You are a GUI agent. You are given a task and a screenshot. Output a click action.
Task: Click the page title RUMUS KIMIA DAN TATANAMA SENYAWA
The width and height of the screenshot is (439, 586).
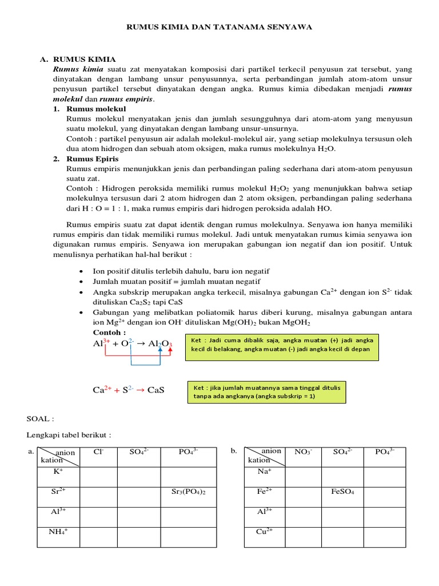219,27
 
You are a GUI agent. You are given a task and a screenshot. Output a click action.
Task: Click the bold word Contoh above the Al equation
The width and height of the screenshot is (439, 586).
109,332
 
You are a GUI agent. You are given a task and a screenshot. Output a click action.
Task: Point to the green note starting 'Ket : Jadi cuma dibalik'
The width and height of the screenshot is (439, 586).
281,345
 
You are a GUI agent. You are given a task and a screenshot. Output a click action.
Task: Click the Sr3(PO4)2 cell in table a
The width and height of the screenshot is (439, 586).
188,492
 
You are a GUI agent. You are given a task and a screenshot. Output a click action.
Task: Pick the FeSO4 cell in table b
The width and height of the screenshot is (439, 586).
342,492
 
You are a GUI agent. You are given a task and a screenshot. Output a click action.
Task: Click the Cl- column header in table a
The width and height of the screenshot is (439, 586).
98,452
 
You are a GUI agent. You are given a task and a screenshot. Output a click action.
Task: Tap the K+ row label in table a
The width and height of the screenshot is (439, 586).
58,472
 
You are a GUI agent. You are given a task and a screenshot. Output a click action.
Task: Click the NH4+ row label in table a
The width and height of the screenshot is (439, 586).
58,531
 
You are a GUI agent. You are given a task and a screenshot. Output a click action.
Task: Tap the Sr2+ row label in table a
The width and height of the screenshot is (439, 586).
58,491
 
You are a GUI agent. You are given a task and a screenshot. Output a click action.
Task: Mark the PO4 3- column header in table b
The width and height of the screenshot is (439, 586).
385,452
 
